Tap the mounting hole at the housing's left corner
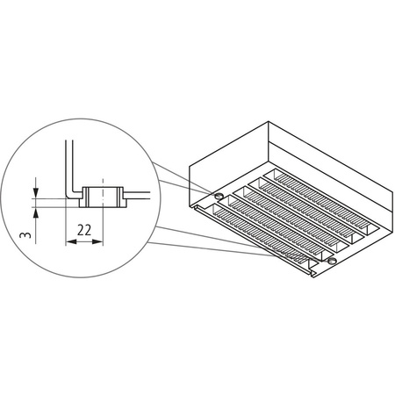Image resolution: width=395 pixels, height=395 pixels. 214,194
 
